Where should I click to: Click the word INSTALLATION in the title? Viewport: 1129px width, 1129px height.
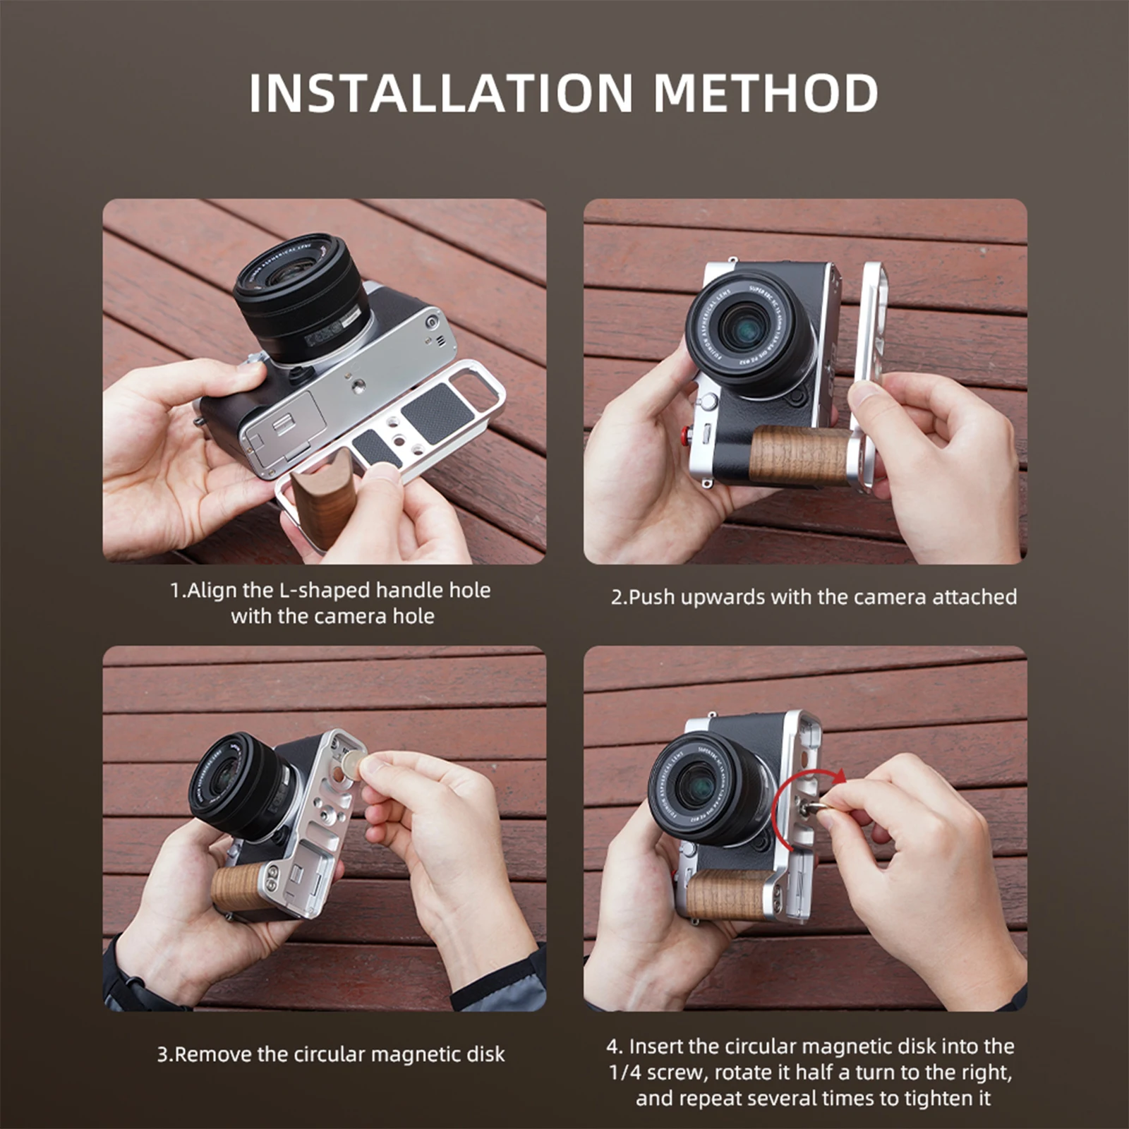pyautogui.click(x=441, y=93)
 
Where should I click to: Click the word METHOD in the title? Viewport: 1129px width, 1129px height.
pyautogui.click(x=766, y=93)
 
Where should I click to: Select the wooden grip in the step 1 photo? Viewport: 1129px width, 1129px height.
pyautogui.click(x=323, y=497)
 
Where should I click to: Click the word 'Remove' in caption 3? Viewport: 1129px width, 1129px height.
pyautogui.click(x=212, y=1054)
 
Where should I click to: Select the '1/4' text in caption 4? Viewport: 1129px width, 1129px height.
pyautogui.click(x=624, y=1073)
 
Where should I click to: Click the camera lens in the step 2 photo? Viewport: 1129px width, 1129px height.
pyautogui.click(x=749, y=332)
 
